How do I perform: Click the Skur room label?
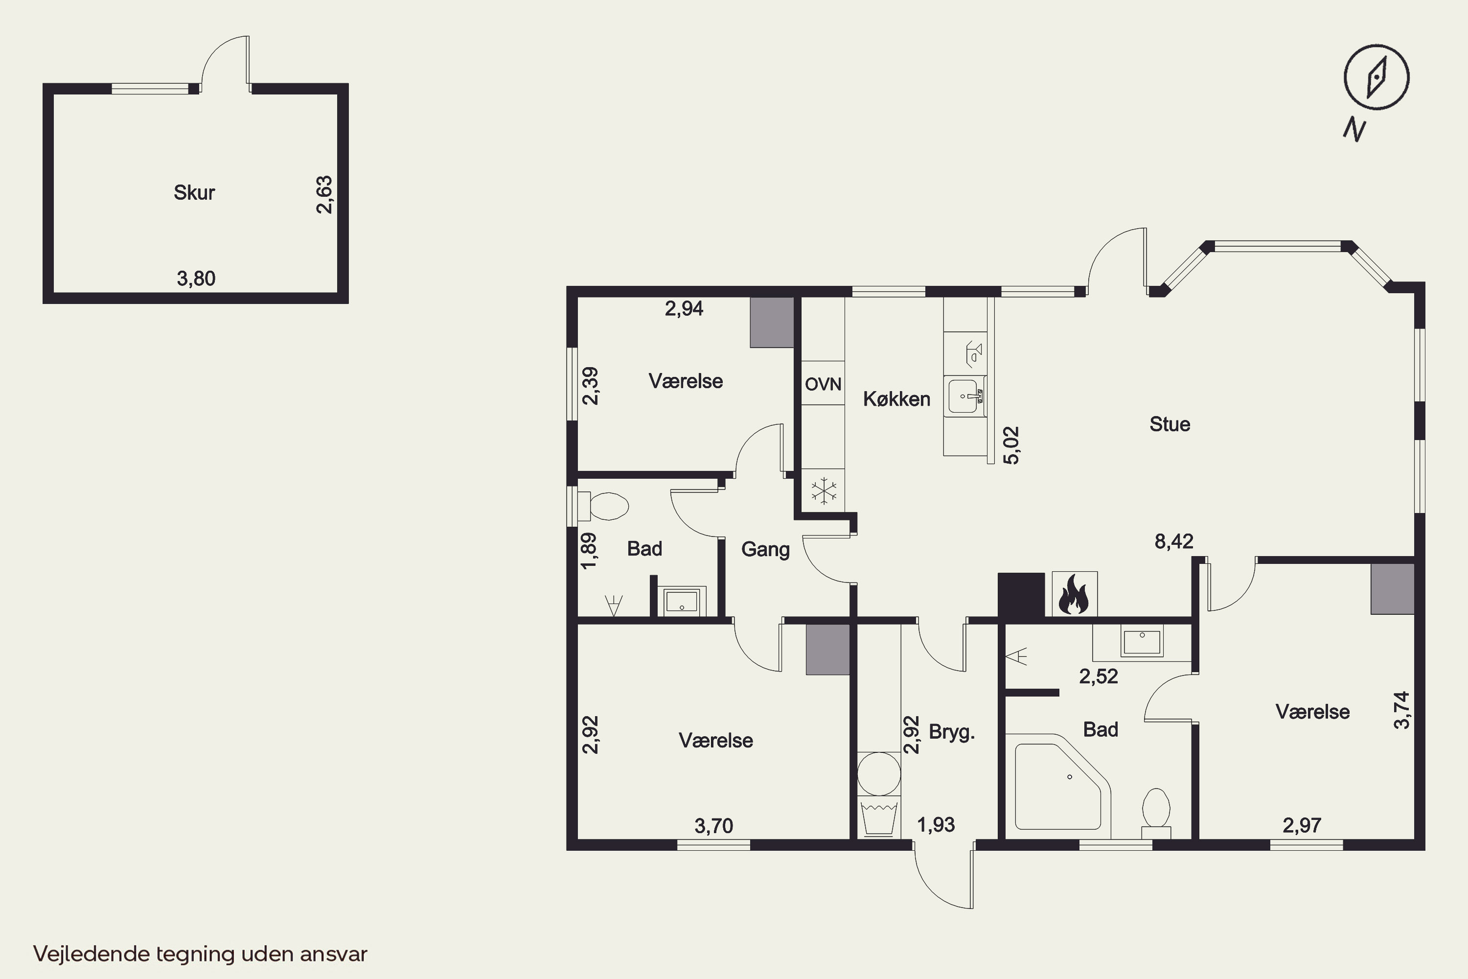(x=194, y=192)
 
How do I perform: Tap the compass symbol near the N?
(x=1376, y=77)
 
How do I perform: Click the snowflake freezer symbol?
(x=824, y=491)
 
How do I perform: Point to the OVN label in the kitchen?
(x=823, y=384)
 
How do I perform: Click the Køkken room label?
(x=896, y=399)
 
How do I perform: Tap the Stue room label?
(x=1170, y=424)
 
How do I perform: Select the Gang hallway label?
(x=765, y=549)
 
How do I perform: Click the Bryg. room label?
(x=952, y=732)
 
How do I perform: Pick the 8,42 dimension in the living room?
(x=1173, y=541)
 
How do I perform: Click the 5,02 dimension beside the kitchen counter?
(x=1011, y=445)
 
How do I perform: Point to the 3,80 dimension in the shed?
(x=196, y=279)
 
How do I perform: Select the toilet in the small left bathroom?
(x=602, y=506)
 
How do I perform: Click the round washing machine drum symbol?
(x=879, y=773)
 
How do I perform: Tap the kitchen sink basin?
(x=965, y=396)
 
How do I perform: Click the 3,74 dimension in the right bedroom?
(x=1402, y=709)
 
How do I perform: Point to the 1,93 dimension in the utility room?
(x=936, y=825)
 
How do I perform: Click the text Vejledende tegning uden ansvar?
(x=200, y=954)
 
